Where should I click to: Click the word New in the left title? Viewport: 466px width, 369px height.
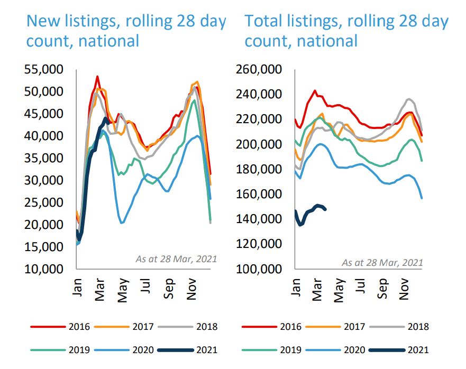click(x=44, y=21)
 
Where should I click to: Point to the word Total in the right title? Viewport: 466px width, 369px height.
click(x=264, y=21)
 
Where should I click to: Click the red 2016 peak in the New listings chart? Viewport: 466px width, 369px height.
click(x=97, y=77)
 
